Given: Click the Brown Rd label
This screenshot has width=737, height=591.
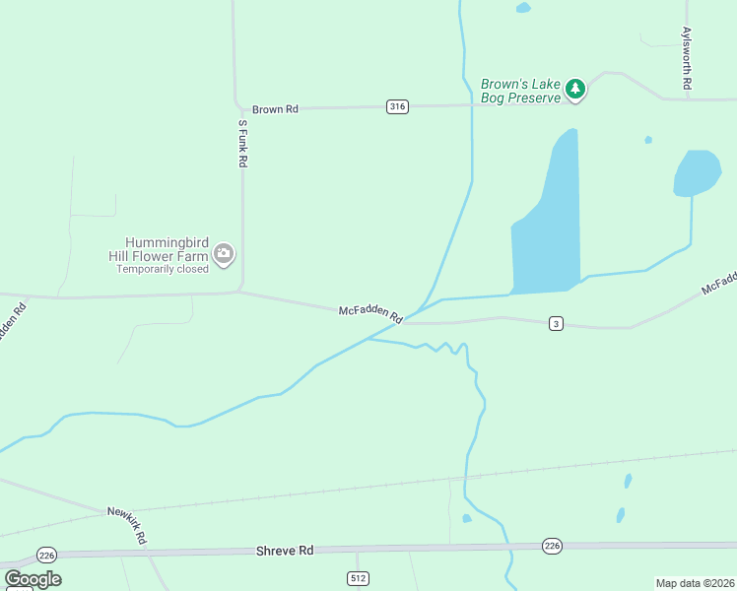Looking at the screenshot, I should [275, 109].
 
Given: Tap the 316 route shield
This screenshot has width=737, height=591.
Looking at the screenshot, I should [397, 107].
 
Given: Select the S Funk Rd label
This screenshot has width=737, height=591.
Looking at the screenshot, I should [242, 144].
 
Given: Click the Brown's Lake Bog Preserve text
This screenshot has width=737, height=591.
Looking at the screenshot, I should [520, 91].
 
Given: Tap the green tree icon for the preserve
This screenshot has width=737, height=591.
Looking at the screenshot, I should [575, 90].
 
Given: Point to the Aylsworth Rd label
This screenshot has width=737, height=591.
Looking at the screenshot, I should [687, 59].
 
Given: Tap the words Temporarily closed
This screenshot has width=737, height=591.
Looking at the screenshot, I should [163, 269].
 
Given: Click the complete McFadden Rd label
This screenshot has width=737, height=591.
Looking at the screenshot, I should [370, 314].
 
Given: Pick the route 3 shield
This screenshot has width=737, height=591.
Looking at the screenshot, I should [557, 324].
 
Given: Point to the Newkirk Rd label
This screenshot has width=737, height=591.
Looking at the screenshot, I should [127, 526].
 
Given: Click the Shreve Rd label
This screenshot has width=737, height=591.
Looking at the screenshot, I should [285, 552].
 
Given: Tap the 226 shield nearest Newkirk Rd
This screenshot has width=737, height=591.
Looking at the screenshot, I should [45, 555].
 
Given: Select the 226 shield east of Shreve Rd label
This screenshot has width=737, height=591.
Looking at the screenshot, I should [552, 546].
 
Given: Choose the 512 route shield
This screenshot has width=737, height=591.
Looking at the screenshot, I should [358, 577].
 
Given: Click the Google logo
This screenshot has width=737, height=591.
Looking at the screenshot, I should [33, 579].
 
